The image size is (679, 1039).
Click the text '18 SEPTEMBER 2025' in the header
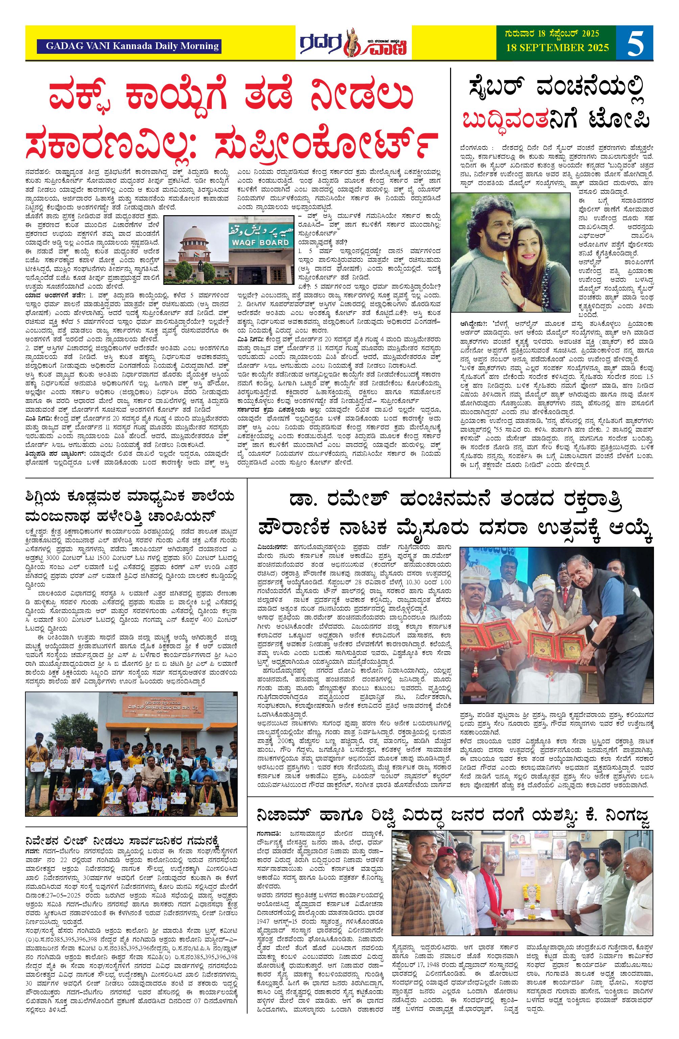[x=557, y=48]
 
